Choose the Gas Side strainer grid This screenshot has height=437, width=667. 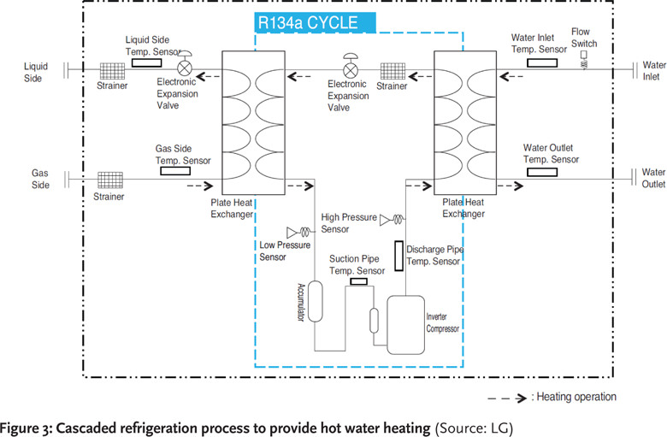click(x=110, y=182)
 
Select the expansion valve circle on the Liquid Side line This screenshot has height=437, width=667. click(x=184, y=68)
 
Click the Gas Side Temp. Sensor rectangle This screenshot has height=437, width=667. click(x=175, y=170)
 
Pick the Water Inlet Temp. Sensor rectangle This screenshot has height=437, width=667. click(x=542, y=62)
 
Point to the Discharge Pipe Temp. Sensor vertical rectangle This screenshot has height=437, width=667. click(x=398, y=254)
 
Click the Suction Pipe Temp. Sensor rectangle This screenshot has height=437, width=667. click(x=358, y=281)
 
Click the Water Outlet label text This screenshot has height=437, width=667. click(x=653, y=178)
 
